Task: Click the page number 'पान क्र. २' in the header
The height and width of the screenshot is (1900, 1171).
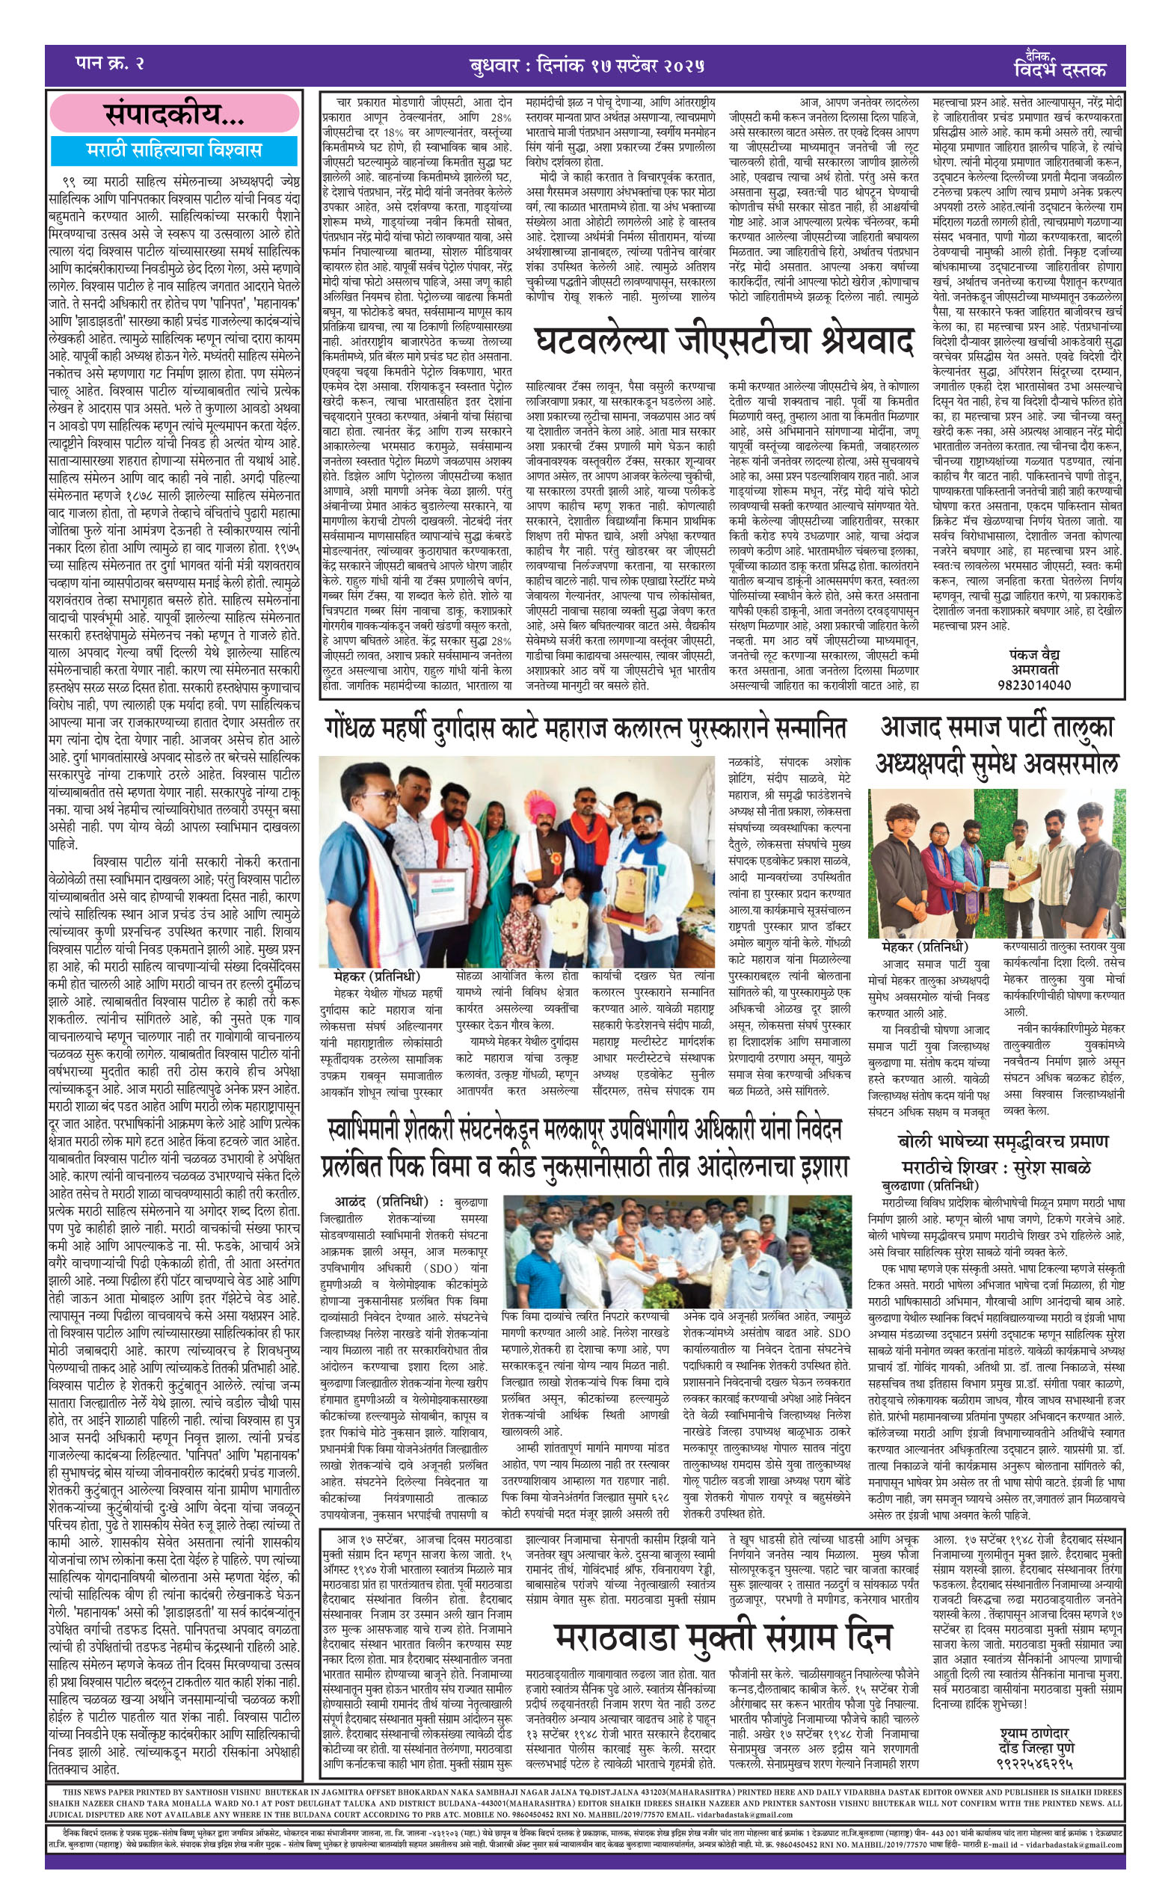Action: coord(110,64)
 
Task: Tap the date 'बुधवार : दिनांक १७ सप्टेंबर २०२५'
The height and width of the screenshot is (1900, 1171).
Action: coord(587,66)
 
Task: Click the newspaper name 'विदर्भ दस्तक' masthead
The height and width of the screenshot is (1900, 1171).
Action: coord(1059,70)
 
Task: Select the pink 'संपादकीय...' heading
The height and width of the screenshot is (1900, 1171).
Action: coord(174,115)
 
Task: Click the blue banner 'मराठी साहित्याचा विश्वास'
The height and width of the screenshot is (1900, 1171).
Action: coord(174,150)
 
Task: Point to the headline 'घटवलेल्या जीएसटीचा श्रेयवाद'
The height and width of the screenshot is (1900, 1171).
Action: coord(723,342)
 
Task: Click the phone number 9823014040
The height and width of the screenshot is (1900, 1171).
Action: coord(1034,684)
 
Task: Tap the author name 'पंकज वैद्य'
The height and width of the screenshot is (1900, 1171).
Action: coord(1034,654)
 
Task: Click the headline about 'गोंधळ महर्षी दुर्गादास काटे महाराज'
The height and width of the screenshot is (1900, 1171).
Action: coord(585,728)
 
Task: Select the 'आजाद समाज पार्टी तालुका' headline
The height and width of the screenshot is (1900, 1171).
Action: coord(997,728)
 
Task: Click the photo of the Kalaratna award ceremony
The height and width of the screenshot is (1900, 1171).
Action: coord(521,861)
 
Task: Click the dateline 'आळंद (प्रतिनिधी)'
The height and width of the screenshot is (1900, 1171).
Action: coord(381,1202)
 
